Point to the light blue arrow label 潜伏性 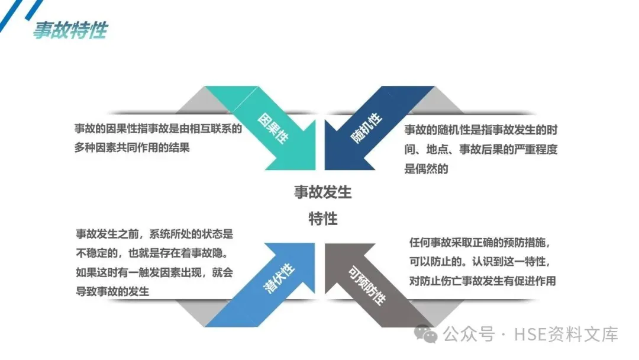click(278, 276)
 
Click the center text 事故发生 click(322, 192)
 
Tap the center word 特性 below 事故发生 click(322, 218)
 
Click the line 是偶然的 click(426, 169)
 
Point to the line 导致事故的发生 click(112, 291)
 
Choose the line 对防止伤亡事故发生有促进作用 click(482, 281)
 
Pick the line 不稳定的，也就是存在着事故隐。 click(153, 253)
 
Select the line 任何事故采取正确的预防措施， click(484, 243)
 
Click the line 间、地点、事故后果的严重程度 click(480, 149)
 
